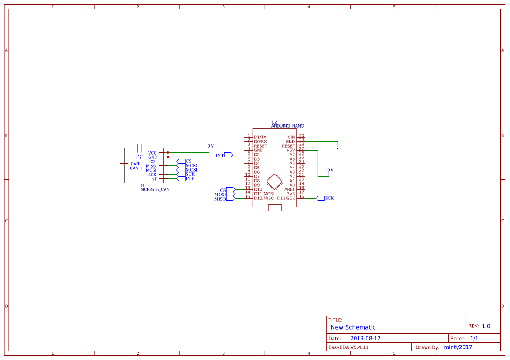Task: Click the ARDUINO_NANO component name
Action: tap(287, 126)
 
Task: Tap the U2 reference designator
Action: tap(274, 122)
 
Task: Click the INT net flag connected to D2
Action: tap(228, 155)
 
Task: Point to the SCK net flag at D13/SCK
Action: tap(321, 198)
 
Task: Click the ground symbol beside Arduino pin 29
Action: tap(337, 146)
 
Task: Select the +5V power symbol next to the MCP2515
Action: tap(209, 147)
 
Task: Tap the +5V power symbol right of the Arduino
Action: tap(329, 170)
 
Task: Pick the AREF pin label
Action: tap(290, 189)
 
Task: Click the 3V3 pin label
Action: tap(290, 194)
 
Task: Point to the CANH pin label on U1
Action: tap(135, 168)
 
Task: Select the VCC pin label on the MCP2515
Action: tap(152, 153)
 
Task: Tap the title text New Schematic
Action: tap(353, 327)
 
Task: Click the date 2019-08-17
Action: tap(365, 338)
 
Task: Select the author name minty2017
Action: tap(458, 347)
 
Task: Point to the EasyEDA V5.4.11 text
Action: tap(348, 347)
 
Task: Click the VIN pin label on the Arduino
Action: tap(291, 137)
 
